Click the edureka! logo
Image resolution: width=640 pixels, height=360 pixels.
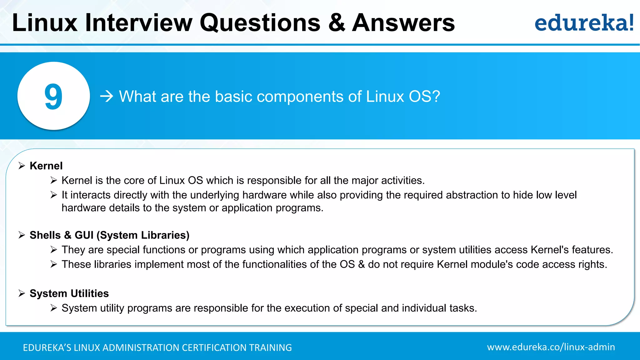(x=584, y=23)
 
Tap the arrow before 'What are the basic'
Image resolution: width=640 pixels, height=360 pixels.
(x=107, y=96)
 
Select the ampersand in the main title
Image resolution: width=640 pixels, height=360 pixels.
(x=337, y=23)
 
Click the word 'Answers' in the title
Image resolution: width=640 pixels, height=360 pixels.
(x=403, y=23)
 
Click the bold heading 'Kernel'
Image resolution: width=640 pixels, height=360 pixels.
(x=46, y=166)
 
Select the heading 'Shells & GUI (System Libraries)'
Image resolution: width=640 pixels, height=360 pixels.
(x=109, y=235)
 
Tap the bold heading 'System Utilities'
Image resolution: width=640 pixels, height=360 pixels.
(x=69, y=293)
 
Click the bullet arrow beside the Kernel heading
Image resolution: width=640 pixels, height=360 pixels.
(x=22, y=166)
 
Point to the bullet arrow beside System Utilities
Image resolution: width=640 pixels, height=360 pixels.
(x=22, y=293)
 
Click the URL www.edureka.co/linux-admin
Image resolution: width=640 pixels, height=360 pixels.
(x=551, y=347)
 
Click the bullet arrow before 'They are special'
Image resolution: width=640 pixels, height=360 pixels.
(x=54, y=250)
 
